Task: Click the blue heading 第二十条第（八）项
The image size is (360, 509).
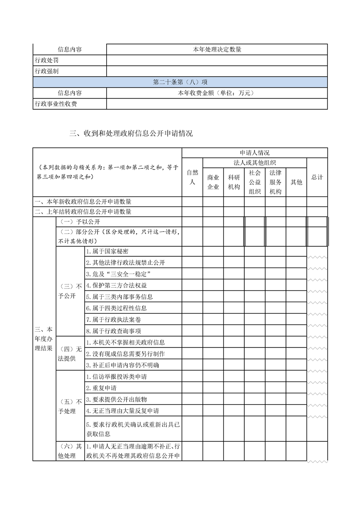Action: coord(180,82)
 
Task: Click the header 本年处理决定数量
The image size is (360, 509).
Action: coord(217,49)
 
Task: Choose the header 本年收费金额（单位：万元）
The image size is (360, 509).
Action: coord(217,93)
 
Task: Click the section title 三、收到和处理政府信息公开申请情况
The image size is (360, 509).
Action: coord(131,133)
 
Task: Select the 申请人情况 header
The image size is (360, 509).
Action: coord(255,153)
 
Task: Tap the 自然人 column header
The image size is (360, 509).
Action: coord(192,177)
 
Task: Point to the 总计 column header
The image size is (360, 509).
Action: coord(317,177)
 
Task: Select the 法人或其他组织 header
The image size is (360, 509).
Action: coord(255,162)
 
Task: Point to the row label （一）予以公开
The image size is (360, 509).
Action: coord(80,222)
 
